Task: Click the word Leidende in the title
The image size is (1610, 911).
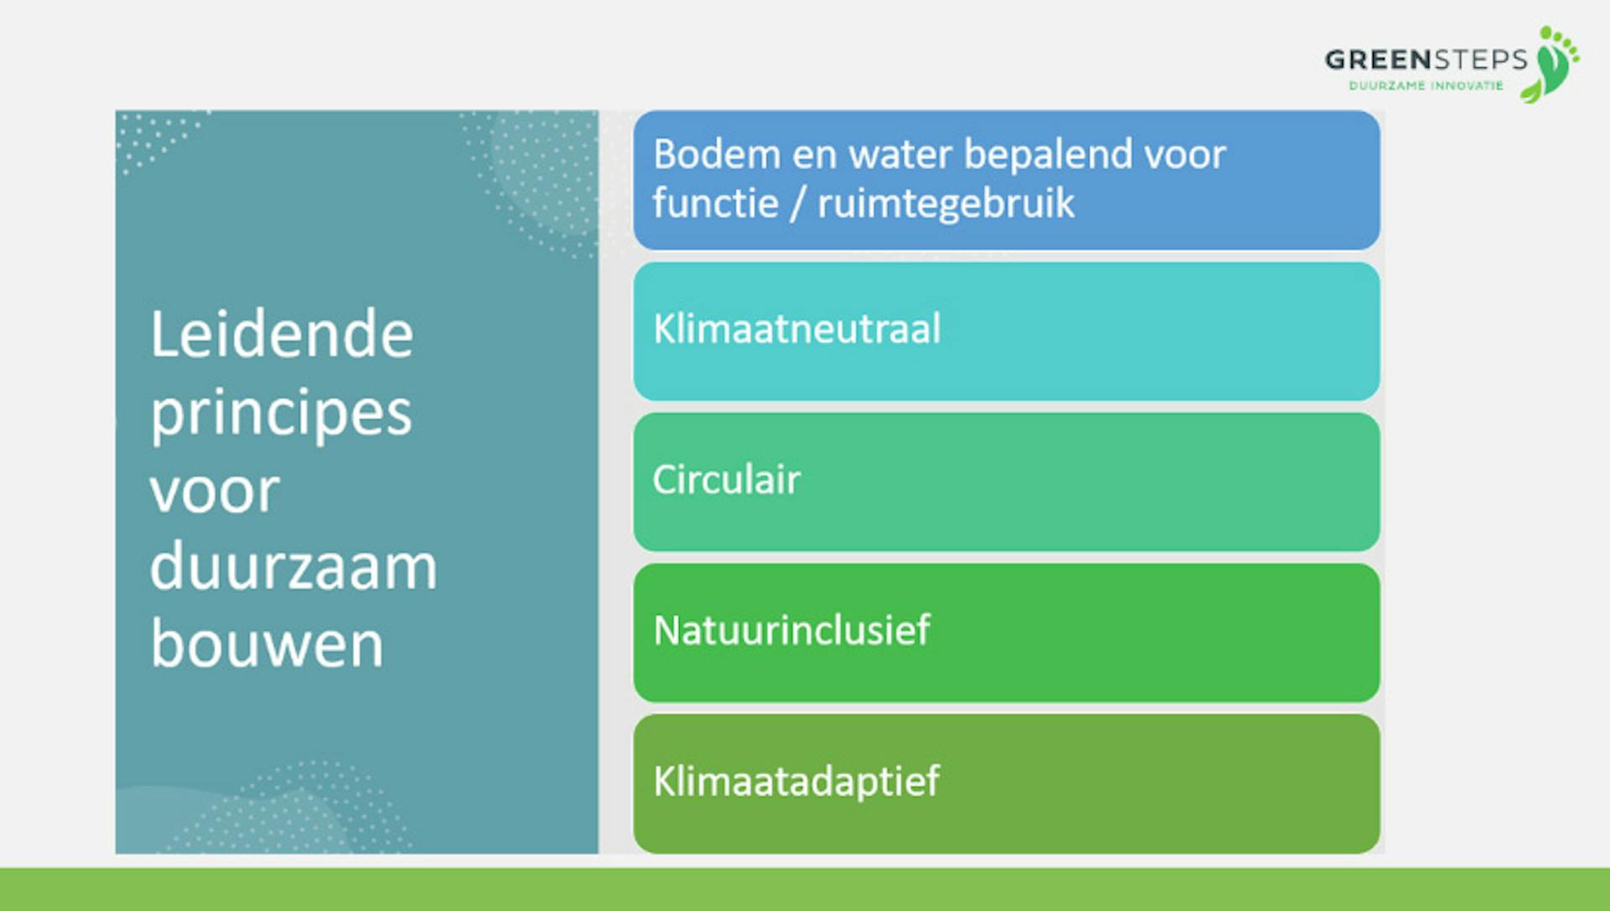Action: click(x=282, y=334)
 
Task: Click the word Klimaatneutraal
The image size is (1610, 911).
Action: click(x=797, y=328)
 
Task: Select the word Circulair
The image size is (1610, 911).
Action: click(x=726, y=479)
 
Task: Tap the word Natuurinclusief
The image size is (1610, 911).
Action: click(x=792, y=630)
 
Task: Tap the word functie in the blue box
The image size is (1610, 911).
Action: click(x=715, y=203)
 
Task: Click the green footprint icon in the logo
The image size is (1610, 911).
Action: click(x=1556, y=64)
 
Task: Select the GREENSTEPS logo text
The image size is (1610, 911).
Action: click(x=1426, y=60)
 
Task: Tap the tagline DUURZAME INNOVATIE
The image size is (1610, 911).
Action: click(x=1426, y=86)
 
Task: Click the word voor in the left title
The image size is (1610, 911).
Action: click(x=215, y=492)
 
